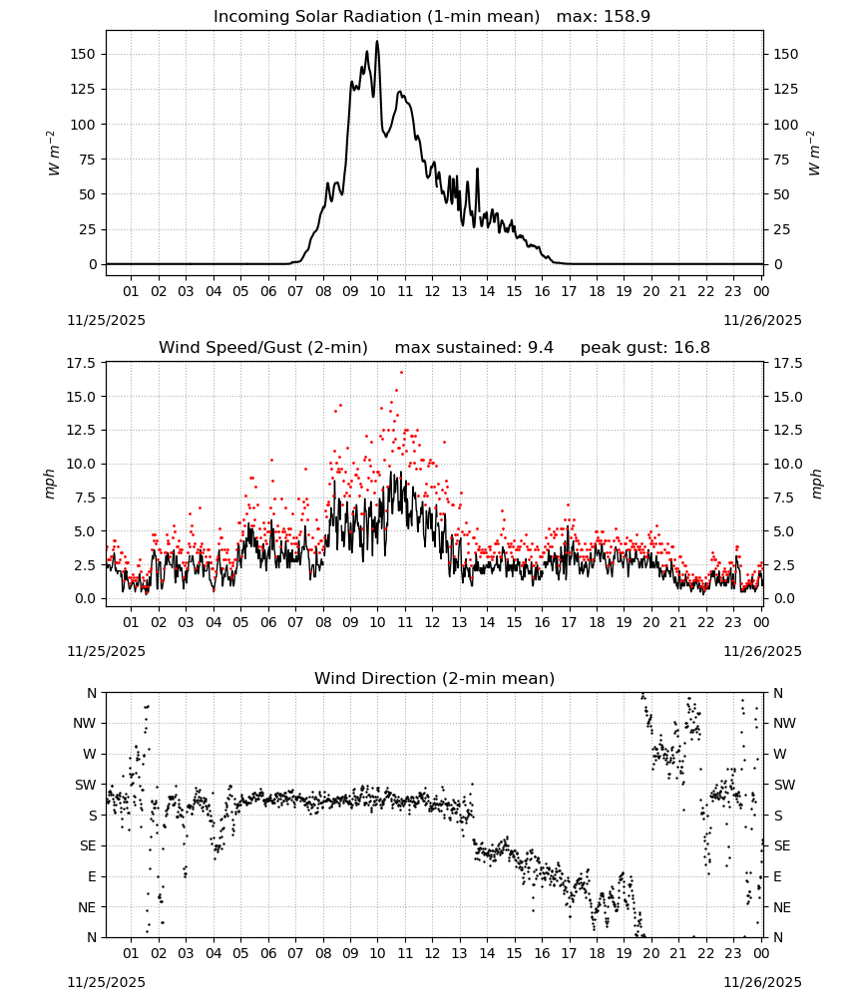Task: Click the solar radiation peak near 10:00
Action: tap(376, 42)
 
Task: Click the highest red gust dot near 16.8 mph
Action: tap(401, 372)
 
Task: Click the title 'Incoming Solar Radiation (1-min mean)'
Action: tap(376, 17)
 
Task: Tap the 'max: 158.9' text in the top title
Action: tap(604, 17)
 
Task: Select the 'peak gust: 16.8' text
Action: tap(645, 348)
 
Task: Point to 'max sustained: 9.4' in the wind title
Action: tap(474, 348)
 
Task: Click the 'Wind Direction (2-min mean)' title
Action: tap(435, 678)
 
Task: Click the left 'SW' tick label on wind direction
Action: tap(86, 785)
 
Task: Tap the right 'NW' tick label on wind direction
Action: tap(784, 723)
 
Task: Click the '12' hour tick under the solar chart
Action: tap(432, 291)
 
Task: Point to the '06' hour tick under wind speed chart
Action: tap(268, 622)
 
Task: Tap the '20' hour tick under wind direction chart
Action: tap(650, 953)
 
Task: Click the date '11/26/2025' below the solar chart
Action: tap(763, 320)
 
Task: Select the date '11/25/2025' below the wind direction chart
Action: tap(106, 982)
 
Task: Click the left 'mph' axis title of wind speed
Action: tap(50, 484)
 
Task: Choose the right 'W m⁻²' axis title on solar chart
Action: tap(815, 154)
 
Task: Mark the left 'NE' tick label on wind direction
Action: tap(87, 907)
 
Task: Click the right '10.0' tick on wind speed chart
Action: tap(785, 464)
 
